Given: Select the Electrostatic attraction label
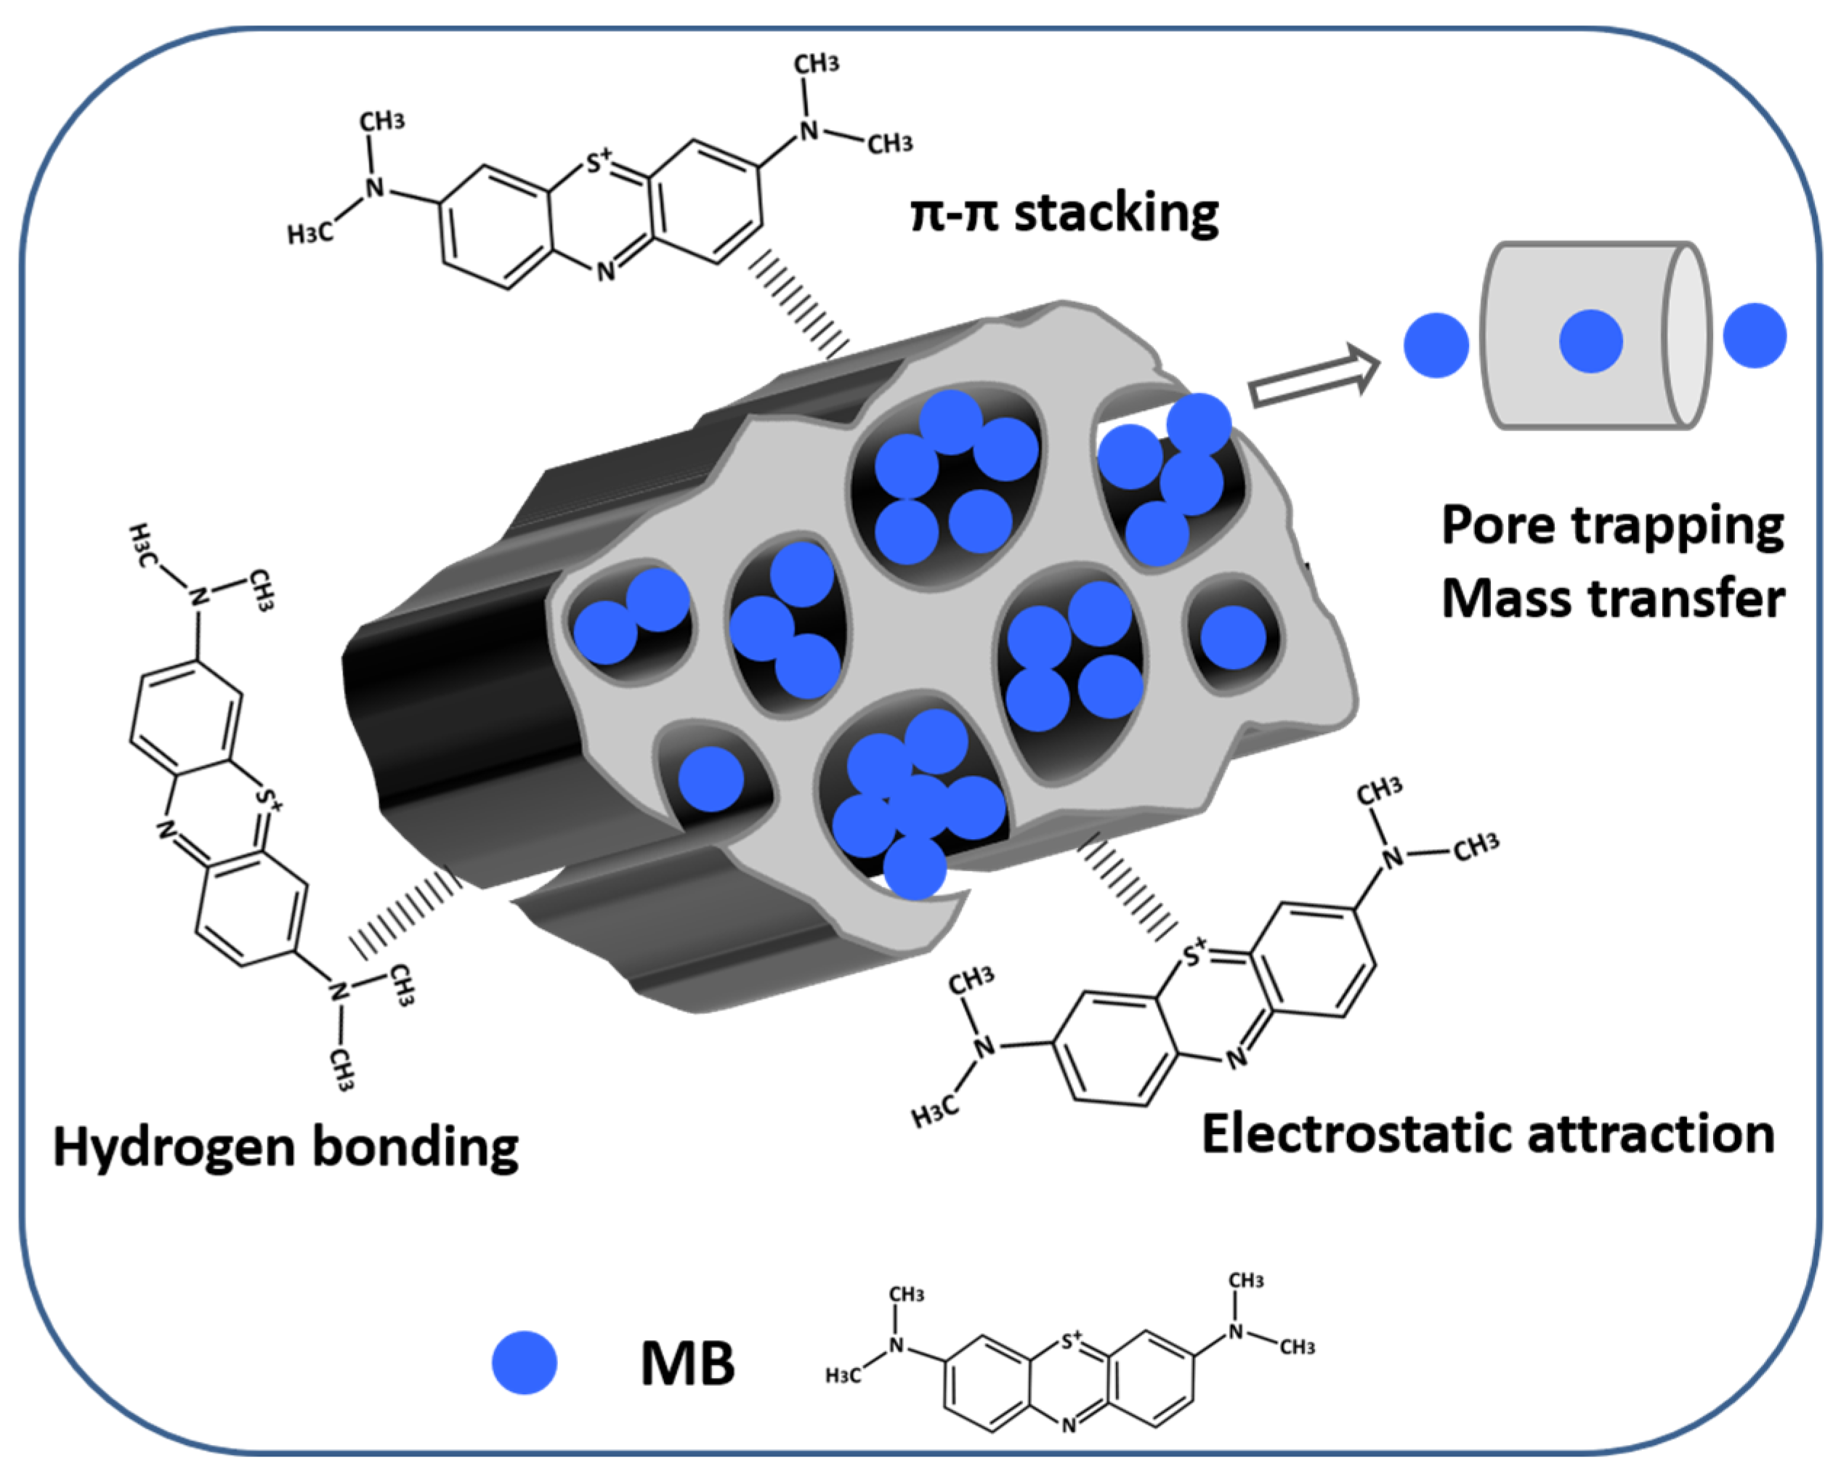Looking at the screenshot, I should point(1489,1135).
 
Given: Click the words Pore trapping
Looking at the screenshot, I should point(1612,525).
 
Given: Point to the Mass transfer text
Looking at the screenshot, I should point(1612,599).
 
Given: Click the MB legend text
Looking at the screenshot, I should point(687,1364).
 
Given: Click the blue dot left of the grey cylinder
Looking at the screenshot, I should point(1436,345).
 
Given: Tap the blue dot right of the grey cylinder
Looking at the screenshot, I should point(1755,336).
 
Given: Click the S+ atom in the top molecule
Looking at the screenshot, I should point(599,162).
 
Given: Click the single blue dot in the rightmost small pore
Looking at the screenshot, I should point(1232,638).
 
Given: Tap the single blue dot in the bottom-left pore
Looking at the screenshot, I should point(711,779).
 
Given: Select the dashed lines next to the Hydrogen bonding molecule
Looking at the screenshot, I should point(405,913).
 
